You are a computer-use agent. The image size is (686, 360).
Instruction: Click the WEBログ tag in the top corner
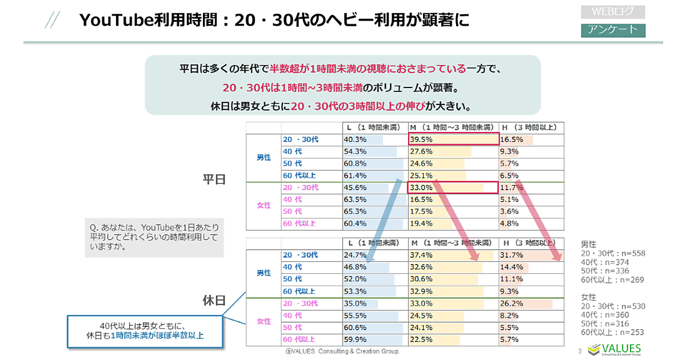tap(612, 12)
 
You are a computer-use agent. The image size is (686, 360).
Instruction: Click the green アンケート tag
tap(612, 30)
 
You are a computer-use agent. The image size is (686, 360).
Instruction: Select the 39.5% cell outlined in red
tap(453, 139)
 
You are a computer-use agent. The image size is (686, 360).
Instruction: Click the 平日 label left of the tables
tap(214, 179)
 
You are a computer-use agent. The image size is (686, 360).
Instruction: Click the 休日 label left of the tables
tap(214, 301)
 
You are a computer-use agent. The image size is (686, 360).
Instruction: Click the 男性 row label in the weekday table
tap(264, 158)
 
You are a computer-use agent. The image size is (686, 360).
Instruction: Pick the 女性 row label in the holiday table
tap(264, 321)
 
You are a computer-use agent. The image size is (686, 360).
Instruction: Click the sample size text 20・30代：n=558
tap(612, 253)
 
